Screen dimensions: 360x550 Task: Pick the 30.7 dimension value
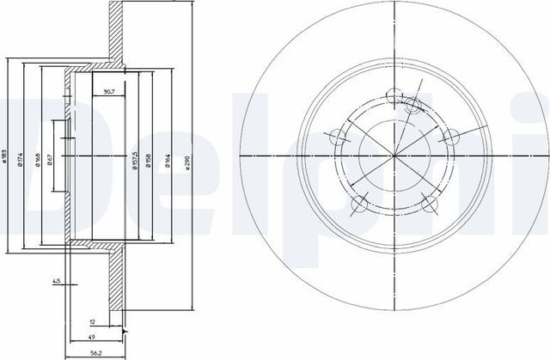tap(110, 91)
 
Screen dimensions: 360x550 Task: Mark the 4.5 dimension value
tap(56, 280)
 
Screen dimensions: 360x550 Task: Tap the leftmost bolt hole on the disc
tap(337, 133)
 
